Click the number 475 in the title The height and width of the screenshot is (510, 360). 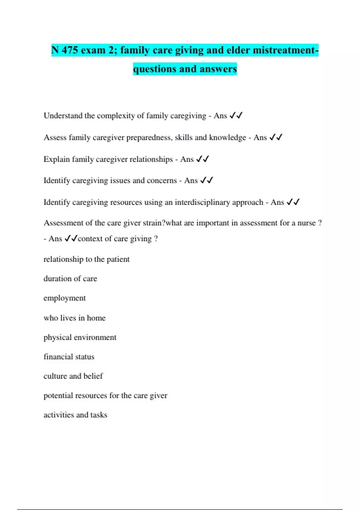tap(70, 50)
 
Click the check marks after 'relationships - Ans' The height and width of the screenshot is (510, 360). tap(202, 159)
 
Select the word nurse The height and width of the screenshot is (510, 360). tap(306, 223)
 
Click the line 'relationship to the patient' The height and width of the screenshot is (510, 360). tap(86, 259)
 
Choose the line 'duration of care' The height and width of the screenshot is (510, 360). tap(70, 279)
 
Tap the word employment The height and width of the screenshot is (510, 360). tap(64, 298)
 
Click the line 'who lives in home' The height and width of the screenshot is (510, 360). tap(74, 318)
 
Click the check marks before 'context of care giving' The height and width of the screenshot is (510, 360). tap(71, 238)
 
